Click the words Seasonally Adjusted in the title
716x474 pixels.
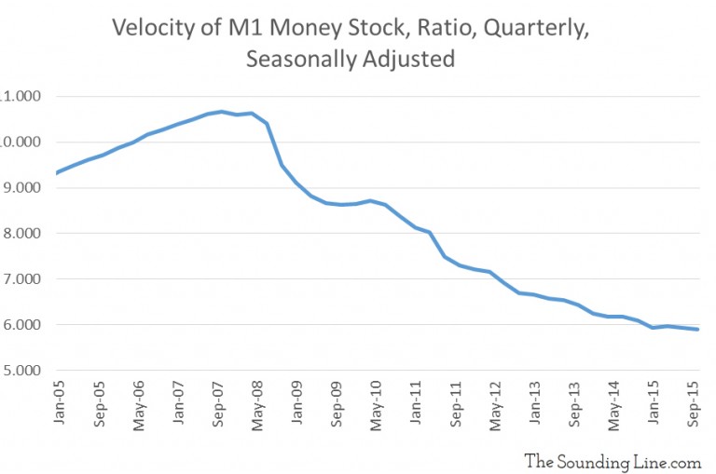[x=351, y=60]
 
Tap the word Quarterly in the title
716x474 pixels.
[x=541, y=28]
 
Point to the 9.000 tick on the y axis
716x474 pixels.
[x=22, y=188]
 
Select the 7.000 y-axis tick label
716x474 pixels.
[x=22, y=279]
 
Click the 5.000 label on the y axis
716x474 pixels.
[x=22, y=371]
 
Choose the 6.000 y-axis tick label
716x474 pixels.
[x=22, y=325]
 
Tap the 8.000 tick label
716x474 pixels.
[x=22, y=234]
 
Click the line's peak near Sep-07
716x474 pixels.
[x=221, y=112]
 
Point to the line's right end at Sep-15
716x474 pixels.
[x=697, y=329]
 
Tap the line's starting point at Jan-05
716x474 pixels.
[x=58, y=172]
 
